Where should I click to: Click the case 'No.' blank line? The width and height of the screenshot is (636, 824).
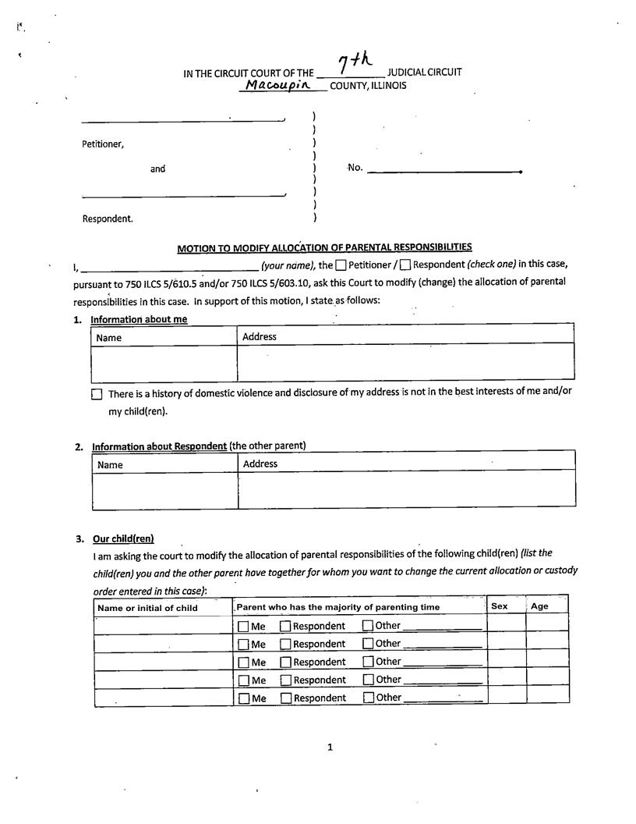pyautogui.click(x=443, y=171)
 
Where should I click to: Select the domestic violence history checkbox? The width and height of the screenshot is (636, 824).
pyautogui.click(x=97, y=395)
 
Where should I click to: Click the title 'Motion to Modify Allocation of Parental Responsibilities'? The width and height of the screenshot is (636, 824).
pyautogui.click(x=324, y=248)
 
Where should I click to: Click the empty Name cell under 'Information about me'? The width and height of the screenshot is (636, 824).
pyautogui.click(x=164, y=363)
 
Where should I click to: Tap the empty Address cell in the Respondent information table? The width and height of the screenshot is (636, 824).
pyautogui.click(x=406, y=488)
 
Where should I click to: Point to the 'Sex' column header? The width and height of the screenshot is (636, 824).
pyautogui.click(x=500, y=606)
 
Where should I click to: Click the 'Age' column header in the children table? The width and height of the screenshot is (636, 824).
pyautogui.click(x=539, y=606)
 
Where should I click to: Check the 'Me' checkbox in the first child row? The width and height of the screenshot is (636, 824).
pyautogui.click(x=243, y=627)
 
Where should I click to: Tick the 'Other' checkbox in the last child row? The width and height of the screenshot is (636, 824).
pyautogui.click(x=368, y=698)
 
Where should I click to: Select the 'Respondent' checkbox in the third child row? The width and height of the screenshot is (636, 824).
pyautogui.click(x=285, y=662)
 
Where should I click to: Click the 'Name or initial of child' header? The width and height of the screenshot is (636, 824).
pyautogui.click(x=147, y=608)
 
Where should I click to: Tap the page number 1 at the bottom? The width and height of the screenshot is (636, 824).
pyautogui.click(x=330, y=748)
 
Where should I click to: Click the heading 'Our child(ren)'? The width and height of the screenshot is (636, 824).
pyautogui.click(x=123, y=538)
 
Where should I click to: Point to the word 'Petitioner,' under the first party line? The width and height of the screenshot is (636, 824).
pyautogui.click(x=103, y=144)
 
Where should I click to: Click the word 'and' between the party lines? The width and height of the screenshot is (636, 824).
pyautogui.click(x=158, y=169)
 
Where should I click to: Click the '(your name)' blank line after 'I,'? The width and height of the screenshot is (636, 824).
pyautogui.click(x=164, y=266)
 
